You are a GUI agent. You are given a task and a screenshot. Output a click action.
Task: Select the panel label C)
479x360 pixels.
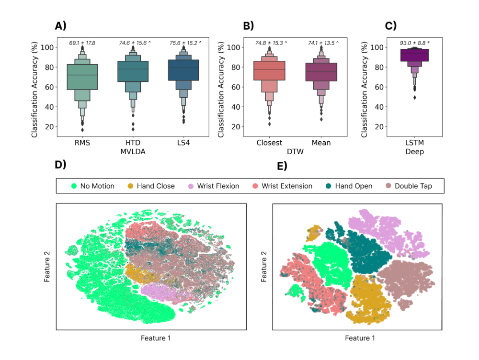tap(391, 26)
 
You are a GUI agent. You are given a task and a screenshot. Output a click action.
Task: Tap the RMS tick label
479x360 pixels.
tap(82, 143)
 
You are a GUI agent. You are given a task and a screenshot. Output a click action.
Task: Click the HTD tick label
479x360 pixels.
tap(133, 143)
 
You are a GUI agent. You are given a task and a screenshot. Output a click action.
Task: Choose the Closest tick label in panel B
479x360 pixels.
tap(269, 143)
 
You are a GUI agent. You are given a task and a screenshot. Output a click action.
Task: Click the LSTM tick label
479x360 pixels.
tap(415, 143)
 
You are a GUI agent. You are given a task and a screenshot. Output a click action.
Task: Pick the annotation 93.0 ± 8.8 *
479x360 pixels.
tap(415, 43)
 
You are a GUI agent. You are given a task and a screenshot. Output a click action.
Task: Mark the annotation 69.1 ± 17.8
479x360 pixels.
tap(82, 43)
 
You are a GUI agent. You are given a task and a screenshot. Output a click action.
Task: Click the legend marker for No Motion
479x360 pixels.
tap(74, 186)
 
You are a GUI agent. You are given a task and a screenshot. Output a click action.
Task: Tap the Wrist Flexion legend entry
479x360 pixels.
tap(217, 186)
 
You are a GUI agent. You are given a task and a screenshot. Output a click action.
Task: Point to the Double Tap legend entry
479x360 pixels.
tap(413, 186)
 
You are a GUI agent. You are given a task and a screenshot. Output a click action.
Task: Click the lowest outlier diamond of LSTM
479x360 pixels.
tap(415, 98)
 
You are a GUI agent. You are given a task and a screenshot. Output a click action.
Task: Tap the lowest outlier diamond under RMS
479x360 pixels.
tap(82, 130)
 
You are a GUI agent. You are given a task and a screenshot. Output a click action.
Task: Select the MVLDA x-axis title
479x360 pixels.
tap(133, 152)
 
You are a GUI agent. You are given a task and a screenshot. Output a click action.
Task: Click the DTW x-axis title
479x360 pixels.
tap(295, 152)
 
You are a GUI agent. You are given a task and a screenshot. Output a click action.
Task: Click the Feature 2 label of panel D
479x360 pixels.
tap(47, 266)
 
